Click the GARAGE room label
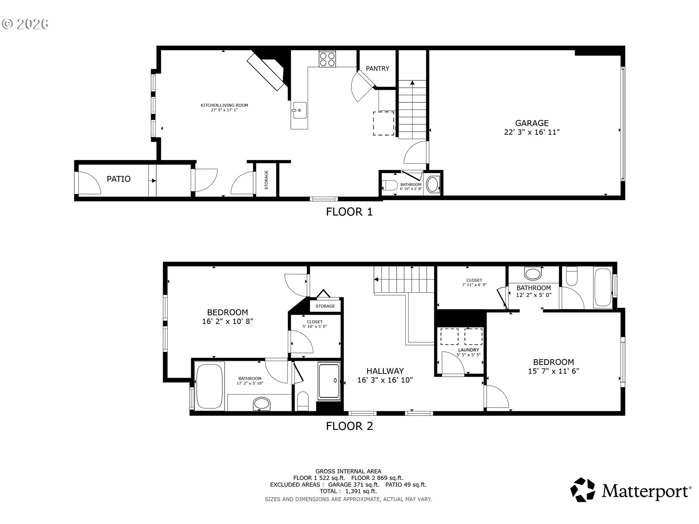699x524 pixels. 532,123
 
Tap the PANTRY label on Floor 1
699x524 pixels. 377,68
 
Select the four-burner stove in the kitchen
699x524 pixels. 327,59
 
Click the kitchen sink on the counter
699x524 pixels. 299,110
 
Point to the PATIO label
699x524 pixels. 119,179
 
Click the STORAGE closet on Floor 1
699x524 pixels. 266,180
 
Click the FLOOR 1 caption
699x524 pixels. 349,212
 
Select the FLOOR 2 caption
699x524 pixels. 349,426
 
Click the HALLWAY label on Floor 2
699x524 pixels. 385,371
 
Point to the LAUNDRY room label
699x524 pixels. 469,350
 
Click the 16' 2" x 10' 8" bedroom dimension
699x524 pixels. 228,321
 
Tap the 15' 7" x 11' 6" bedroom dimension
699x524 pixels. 553,371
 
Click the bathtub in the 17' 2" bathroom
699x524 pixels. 209,386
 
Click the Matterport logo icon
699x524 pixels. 582,490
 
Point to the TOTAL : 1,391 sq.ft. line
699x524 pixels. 348,491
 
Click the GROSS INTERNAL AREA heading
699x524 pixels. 348,471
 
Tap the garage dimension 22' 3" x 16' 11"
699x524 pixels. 532,132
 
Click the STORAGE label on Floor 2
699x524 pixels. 325,306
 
